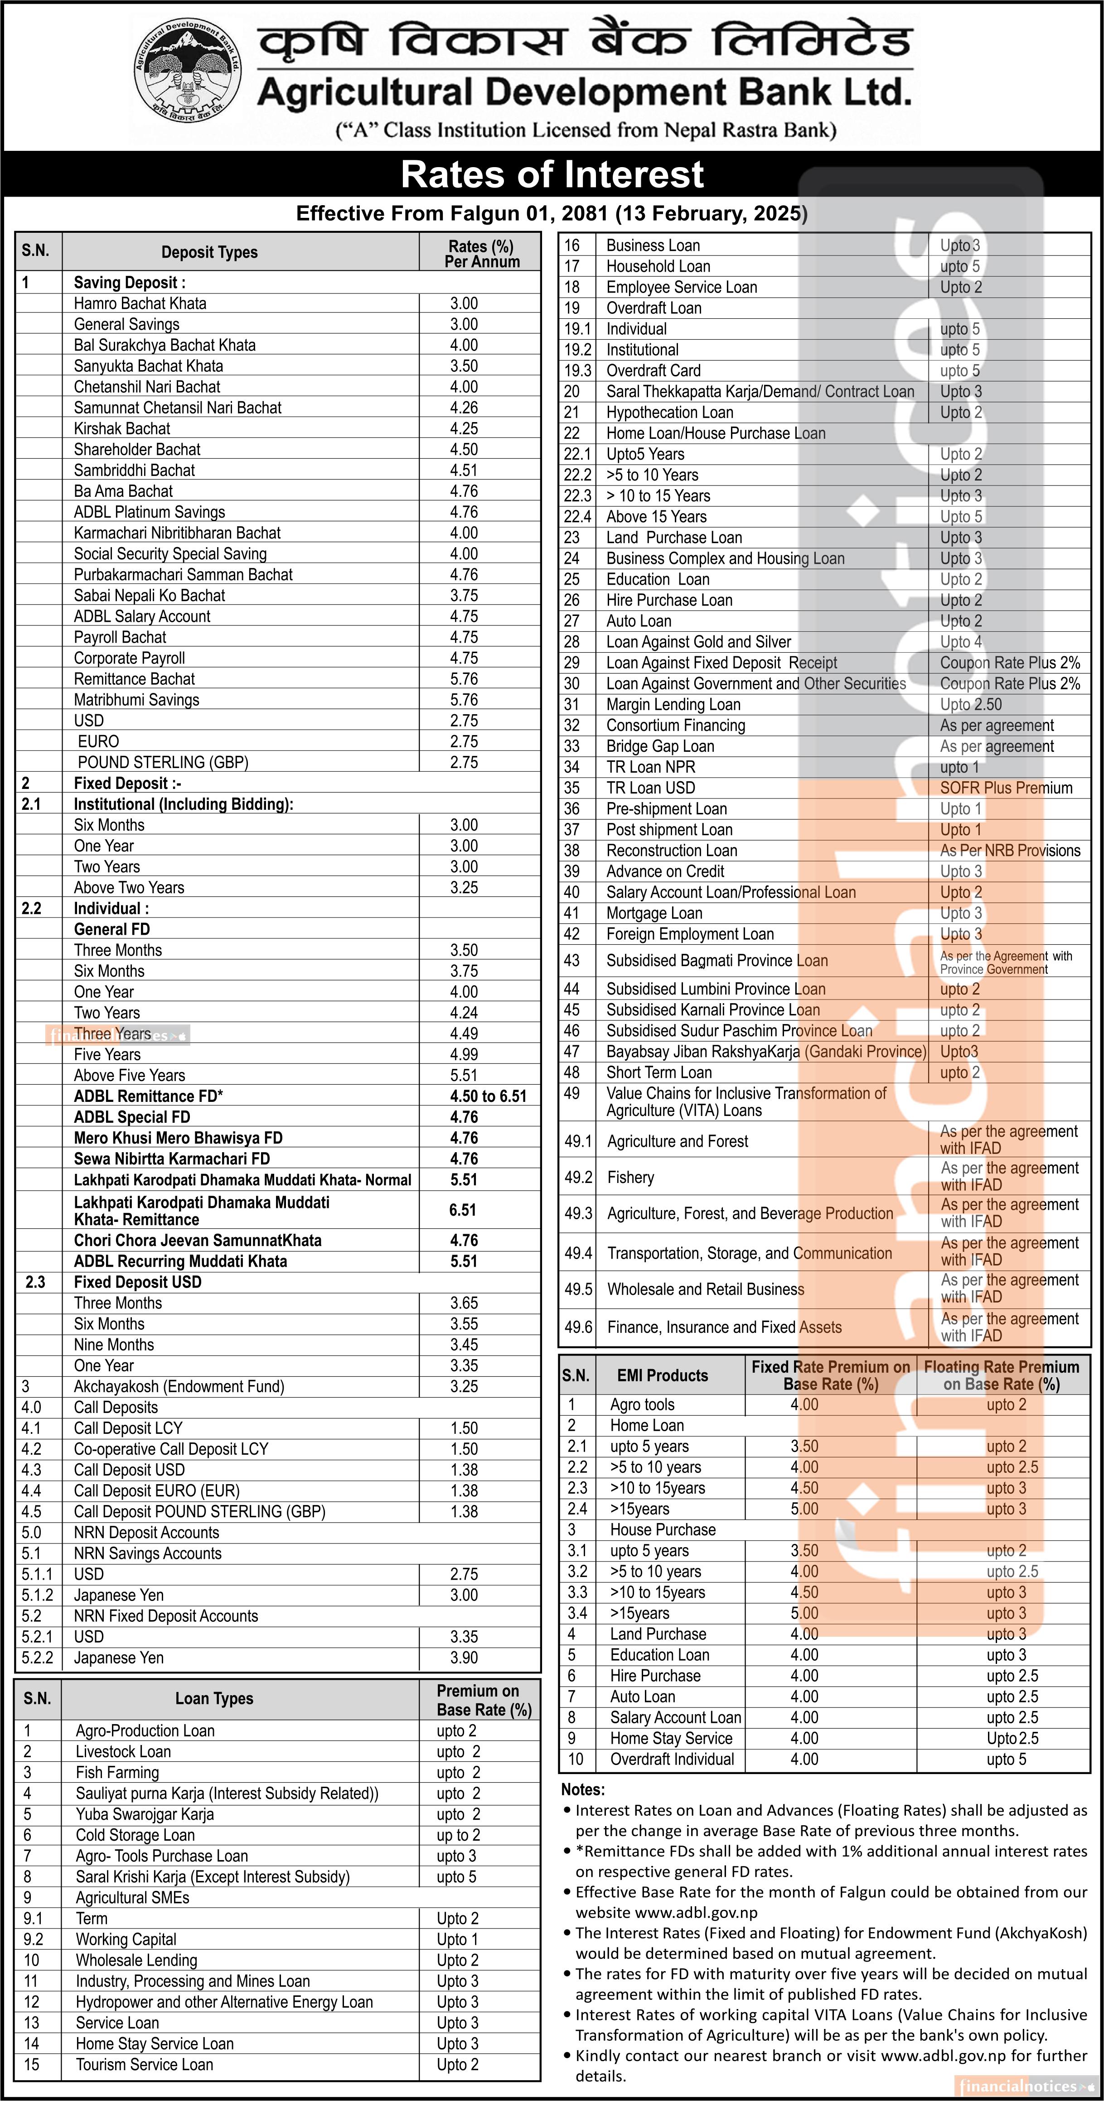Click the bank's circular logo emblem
(188, 72)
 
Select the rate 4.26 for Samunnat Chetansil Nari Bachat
(464, 408)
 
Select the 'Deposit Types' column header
(209, 252)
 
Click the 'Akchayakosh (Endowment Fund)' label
(179, 1386)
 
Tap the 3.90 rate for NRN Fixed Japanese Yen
(464, 1658)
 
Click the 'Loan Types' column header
(214, 1698)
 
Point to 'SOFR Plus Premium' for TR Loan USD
(1006, 788)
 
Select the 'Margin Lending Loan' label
(673, 705)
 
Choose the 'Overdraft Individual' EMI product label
(672, 1759)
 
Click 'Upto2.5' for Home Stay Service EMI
(1012, 1738)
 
